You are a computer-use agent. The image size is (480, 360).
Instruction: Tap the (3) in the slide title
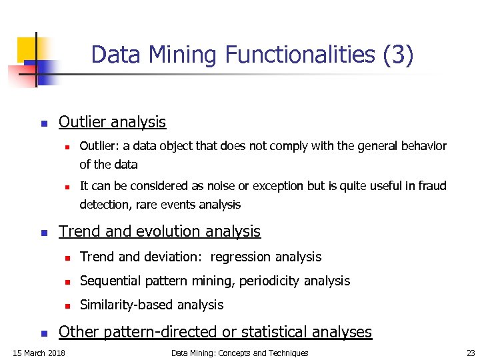399,55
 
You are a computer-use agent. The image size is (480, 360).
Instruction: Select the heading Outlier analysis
112,122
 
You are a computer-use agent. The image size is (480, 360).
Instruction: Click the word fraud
432,185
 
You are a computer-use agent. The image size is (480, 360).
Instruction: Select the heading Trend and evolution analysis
159,231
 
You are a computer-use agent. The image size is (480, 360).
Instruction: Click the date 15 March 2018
39,353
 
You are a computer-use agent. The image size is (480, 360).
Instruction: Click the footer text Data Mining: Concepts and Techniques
239,353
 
